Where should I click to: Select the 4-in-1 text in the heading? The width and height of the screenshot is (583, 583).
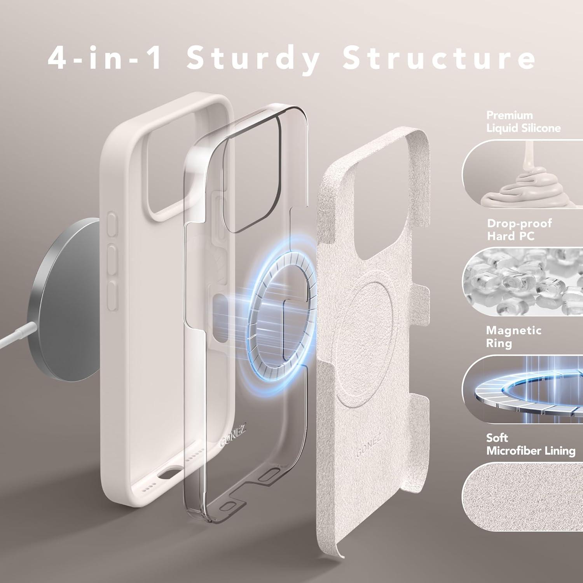point(105,58)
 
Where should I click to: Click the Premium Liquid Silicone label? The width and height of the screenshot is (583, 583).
point(524,122)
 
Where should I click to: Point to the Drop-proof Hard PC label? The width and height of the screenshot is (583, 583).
point(519,230)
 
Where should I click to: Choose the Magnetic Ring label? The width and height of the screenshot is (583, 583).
point(513,337)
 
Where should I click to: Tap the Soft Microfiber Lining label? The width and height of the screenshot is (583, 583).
point(531,444)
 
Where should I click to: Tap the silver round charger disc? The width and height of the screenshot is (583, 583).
point(68,295)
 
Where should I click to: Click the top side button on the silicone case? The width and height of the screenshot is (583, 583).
point(112,224)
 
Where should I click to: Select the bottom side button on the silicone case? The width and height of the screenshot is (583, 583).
point(112,296)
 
